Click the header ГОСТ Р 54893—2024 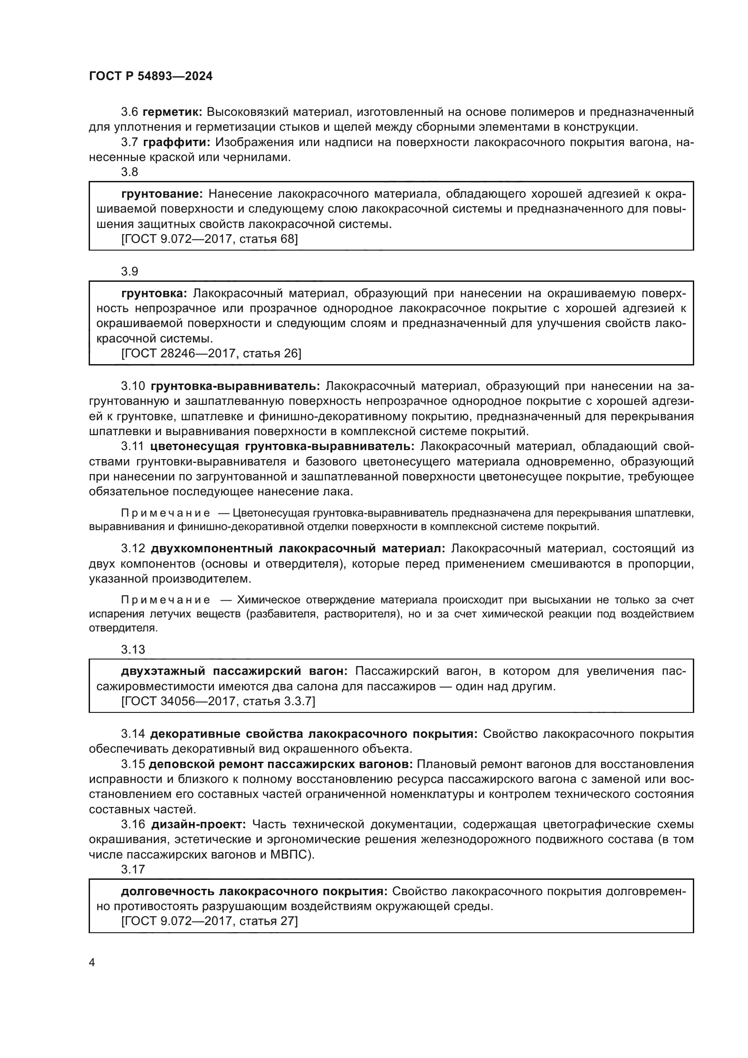click(x=151, y=76)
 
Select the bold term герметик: click(x=173, y=112)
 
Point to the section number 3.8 click(x=129, y=172)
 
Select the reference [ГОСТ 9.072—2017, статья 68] click(x=209, y=239)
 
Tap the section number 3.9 click(x=129, y=271)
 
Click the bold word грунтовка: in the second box click(x=154, y=293)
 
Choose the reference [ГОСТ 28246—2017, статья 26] click(x=211, y=353)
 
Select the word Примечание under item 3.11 click(x=166, y=513)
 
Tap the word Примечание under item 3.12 click(x=166, y=599)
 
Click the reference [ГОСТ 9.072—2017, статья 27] click(x=209, y=920)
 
